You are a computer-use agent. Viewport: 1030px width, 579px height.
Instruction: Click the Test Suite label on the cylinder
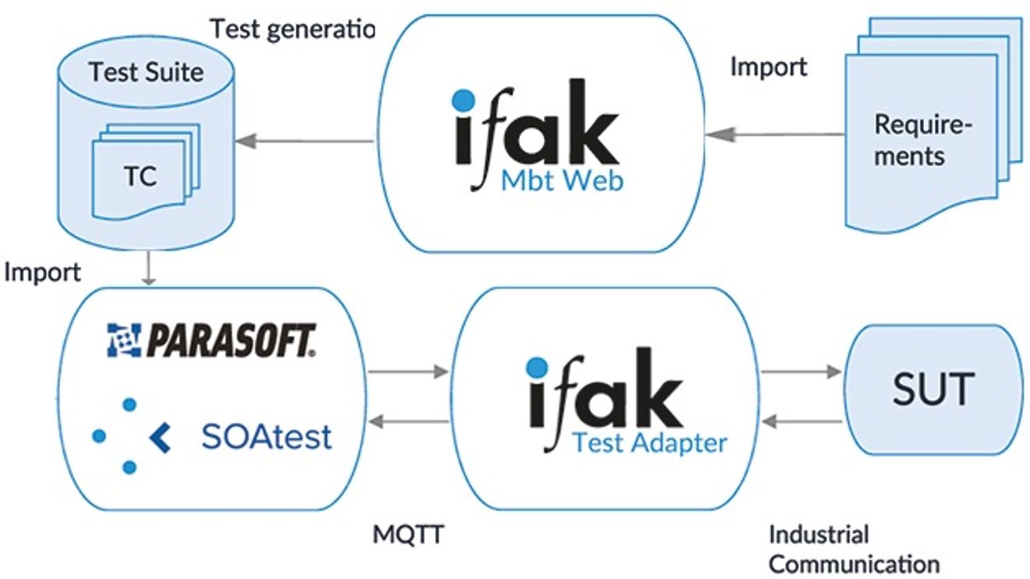(x=146, y=73)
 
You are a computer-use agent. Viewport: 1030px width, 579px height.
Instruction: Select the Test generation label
(x=293, y=30)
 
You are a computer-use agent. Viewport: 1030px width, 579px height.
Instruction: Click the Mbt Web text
(x=562, y=181)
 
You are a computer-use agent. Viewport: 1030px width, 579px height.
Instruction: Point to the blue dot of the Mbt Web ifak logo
(x=463, y=100)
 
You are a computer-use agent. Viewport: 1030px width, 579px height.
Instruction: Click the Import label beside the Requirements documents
(x=769, y=67)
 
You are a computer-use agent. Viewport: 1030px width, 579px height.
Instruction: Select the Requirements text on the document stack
(x=922, y=140)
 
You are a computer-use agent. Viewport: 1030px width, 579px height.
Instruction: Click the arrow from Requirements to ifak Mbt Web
(x=775, y=135)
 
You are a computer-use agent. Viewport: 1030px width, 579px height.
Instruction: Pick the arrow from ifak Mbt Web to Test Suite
(x=304, y=140)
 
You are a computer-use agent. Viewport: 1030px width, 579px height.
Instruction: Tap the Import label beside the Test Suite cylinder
(x=42, y=272)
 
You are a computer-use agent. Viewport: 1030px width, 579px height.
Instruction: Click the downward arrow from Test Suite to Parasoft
(x=148, y=268)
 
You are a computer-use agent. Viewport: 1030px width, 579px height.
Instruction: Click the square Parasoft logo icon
(x=124, y=340)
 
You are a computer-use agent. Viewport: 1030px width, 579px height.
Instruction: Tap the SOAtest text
(x=267, y=436)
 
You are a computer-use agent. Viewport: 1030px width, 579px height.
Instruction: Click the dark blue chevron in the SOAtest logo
(x=161, y=438)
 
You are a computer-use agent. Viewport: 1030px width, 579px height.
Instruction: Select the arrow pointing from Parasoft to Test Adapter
(x=408, y=371)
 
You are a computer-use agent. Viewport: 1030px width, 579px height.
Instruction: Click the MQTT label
(x=408, y=535)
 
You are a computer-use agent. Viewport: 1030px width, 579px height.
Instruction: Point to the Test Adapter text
(x=650, y=444)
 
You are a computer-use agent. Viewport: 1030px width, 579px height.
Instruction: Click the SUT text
(x=933, y=389)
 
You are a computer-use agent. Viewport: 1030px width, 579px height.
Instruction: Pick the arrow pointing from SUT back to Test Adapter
(x=802, y=421)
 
